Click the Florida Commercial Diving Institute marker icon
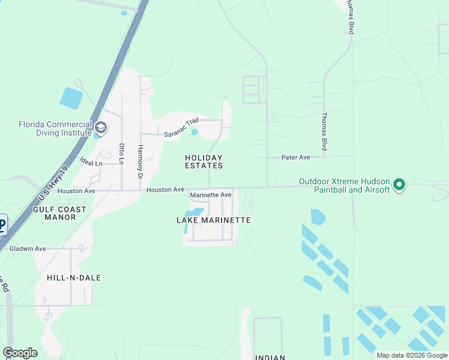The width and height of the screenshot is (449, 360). tap(100, 127)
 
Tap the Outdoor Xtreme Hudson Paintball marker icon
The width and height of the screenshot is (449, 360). tap(400, 185)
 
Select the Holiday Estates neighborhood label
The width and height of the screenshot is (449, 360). tap(203, 161)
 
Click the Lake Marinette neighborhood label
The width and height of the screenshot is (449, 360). tap(213, 220)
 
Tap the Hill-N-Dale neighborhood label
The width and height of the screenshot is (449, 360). tap(74, 278)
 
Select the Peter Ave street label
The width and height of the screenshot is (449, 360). tap(296, 157)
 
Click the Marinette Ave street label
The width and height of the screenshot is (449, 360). tap(211, 195)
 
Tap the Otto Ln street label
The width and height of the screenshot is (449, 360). tap(122, 154)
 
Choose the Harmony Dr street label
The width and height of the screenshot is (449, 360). tap(140, 162)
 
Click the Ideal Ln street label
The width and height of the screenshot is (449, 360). tap(90, 163)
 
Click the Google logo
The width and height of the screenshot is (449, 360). tap(20, 353)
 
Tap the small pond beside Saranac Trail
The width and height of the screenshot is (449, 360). tap(194, 132)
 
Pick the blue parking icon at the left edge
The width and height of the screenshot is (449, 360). tap(2, 225)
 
